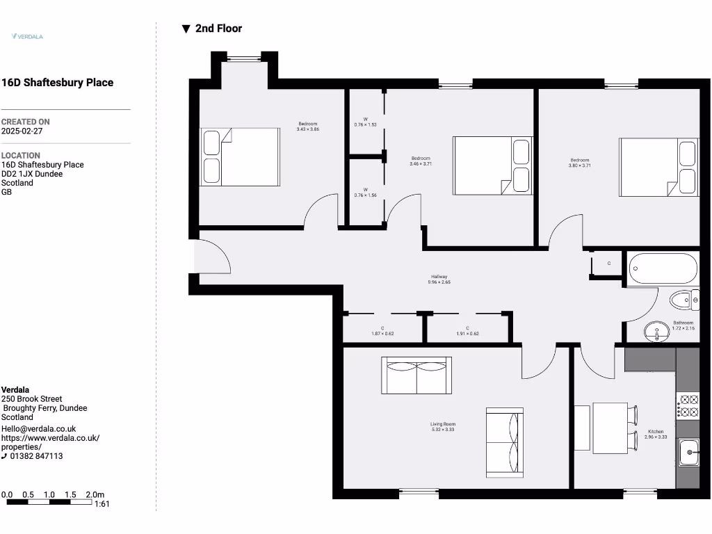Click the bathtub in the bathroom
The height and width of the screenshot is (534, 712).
663,268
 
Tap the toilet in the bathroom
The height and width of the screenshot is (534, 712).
683,300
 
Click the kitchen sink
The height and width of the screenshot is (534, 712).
688,453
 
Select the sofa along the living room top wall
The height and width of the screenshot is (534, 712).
416,375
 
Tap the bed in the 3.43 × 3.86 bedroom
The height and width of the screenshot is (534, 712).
240,157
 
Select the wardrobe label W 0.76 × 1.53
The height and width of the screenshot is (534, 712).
365,122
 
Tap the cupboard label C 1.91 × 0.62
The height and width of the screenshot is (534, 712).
467,331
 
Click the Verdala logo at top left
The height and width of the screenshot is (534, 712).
27,36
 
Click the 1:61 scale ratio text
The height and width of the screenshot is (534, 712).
102,504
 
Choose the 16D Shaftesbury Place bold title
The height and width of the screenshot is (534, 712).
57,83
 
